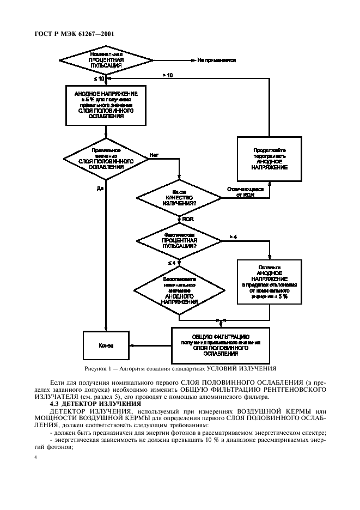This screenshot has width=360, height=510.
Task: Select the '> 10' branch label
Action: pyautogui.click(x=168, y=75)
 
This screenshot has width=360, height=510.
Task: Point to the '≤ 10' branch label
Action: pyautogui.click(x=99, y=80)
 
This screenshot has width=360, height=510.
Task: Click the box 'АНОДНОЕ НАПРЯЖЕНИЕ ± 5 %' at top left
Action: pyautogui.click(x=106, y=105)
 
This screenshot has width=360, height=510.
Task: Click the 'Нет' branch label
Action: pyautogui.click(x=154, y=155)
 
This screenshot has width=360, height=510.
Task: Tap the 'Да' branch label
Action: pyautogui.click(x=100, y=189)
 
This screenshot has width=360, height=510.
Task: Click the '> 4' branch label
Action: pyautogui.click(x=233, y=236)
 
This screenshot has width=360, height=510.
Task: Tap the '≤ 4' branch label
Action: pyautogui.click(x=172, y=263)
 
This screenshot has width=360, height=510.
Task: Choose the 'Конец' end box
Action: pyautogui.click(x=106, y=345)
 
